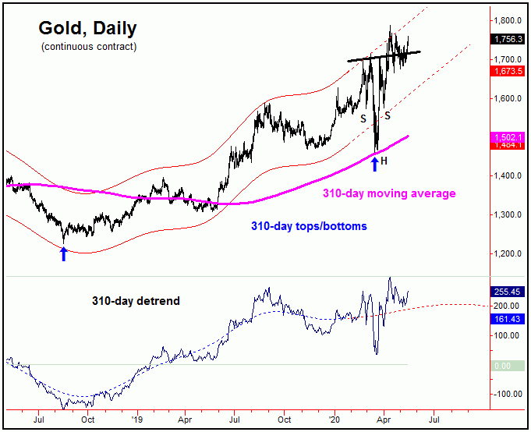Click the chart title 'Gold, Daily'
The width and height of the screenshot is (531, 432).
(x=87, y=29)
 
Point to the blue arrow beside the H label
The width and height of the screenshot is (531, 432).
(x=375, y=163)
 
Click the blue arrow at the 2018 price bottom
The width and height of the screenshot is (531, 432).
(x=63, y=253)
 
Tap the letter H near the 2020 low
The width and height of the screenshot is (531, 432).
(x=384, y=160)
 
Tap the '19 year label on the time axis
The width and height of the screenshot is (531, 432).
(x=136, y=419)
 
